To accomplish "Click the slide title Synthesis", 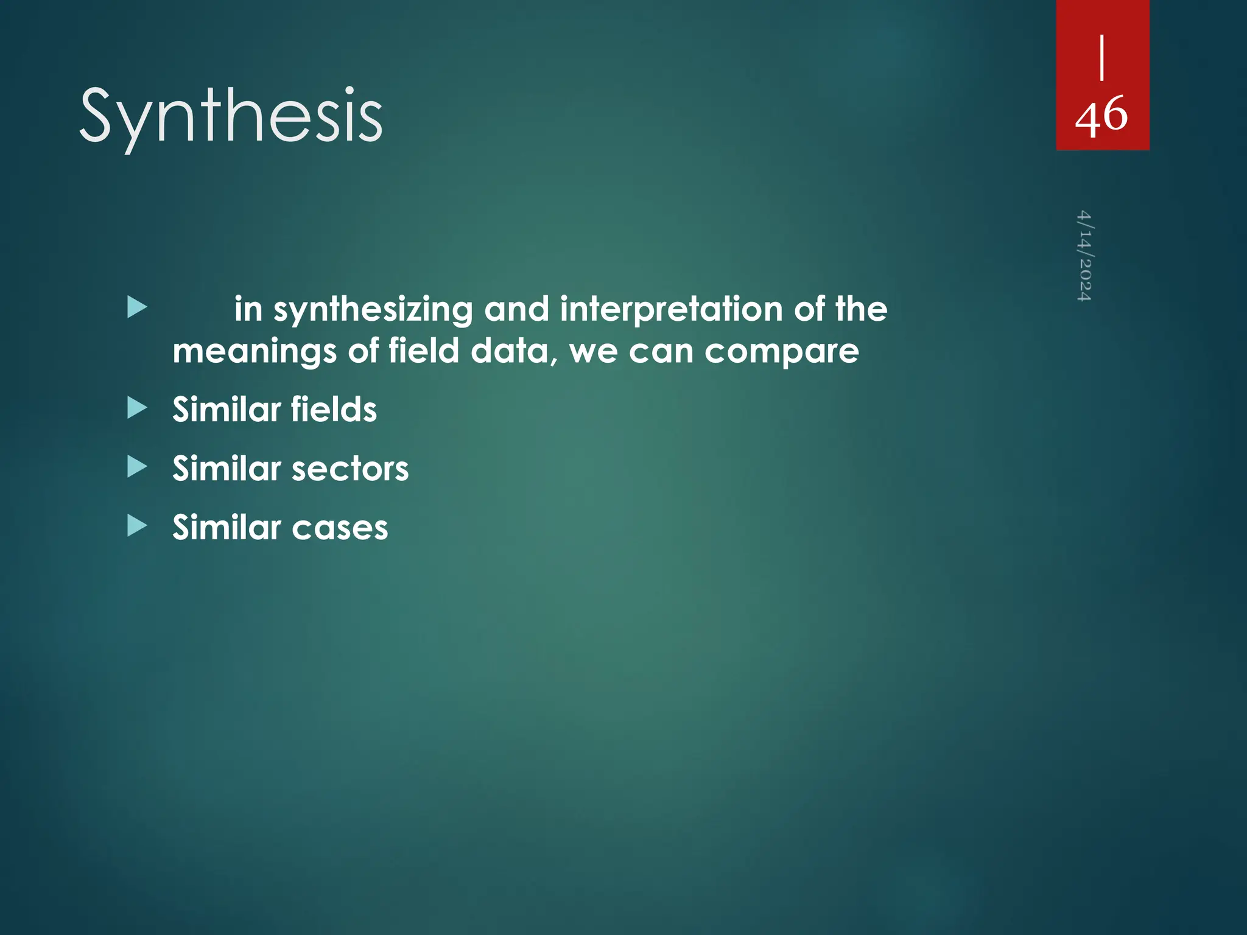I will (x=231, y=117).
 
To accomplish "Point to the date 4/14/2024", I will (x=1084, y=256).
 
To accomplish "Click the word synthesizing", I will (x=373, y=310).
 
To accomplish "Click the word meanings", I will (x=255, y=352).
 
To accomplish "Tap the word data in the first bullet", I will (x=510, y=351).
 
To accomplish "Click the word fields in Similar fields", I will (x=334, y=409).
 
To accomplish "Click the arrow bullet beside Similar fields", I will (x=138, y=408).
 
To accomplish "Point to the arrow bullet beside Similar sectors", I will (x=138, y=467).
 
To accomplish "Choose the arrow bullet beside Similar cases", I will (x=138, y=526).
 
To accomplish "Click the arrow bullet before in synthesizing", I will (x=138, y=307).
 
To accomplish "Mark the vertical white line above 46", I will (x=1102, y=57).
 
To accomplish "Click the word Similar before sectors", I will (x=226, y=469).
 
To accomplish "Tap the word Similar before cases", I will (x=226, y=528).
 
